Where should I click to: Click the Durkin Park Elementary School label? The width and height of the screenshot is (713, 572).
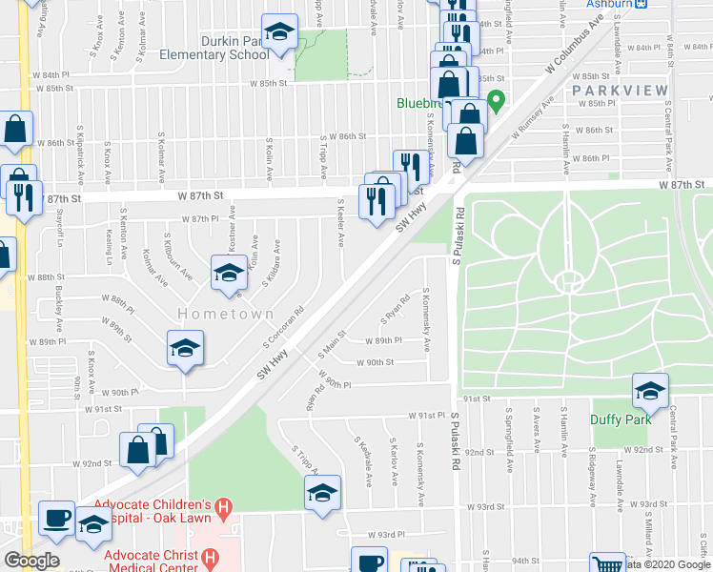point(222,48)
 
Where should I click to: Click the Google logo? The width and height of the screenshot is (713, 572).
point(31,560)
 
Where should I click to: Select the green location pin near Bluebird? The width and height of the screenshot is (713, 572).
point(495,99)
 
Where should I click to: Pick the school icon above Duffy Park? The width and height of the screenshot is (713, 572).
point(650,390)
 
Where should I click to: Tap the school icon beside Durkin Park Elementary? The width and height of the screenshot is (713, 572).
point(279,34)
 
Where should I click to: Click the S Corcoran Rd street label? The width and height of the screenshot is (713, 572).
point(283,326)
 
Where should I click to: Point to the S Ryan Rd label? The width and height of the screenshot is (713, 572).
point(397,308)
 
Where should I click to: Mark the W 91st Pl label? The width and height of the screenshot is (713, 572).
point(428,416)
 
